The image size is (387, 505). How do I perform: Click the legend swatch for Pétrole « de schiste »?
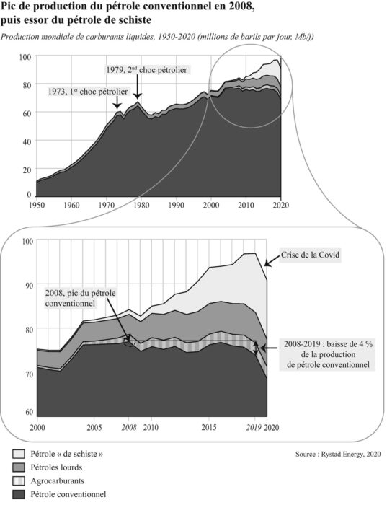(x=18, y=454)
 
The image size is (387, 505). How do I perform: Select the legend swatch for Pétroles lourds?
(x=18, y=467)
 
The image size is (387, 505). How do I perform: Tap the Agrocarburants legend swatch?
(x=18, y=481)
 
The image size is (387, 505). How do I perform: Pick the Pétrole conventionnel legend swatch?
(x=18, y=494)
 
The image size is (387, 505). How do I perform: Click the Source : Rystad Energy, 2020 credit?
(x=338, y=454)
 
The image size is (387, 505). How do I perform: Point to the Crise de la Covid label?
(x=310, y=255)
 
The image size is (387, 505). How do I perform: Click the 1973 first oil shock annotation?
(x=88, y=92)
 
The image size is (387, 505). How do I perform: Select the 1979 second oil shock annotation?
(x=147, y=69)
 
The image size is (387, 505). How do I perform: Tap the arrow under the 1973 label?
(x=117, y=102)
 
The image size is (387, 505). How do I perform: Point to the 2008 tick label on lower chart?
(x=129, y=427)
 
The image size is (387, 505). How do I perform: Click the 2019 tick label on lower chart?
(x=254, y=427)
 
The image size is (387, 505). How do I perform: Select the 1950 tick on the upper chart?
(x=36, y=205)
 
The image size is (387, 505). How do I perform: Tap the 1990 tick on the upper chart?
(x=176, y=205)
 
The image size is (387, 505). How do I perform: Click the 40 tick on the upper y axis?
(x=27, y=141)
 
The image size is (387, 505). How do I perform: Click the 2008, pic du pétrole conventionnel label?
(x=80, y=298)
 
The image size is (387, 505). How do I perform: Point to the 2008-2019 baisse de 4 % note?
(x=328, y=354)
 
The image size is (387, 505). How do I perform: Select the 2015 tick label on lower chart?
(x=209, y=427)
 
